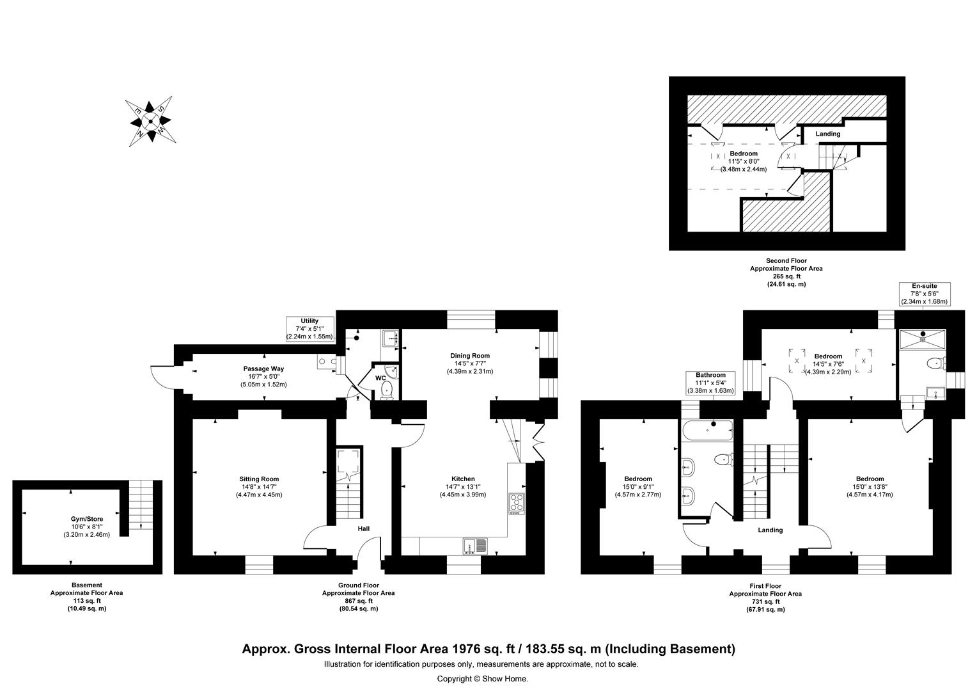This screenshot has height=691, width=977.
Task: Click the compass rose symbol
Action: point(150,121)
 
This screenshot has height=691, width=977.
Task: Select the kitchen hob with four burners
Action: point(516,504)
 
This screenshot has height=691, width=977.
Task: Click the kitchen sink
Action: point(474,546)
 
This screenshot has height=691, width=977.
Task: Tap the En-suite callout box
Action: point(924,294)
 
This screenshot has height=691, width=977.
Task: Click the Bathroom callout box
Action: point(710,383)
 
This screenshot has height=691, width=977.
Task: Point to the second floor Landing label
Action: point(827,134)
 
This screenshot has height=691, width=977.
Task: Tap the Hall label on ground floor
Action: point(363,528)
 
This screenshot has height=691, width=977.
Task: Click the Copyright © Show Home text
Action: point(482,679)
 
